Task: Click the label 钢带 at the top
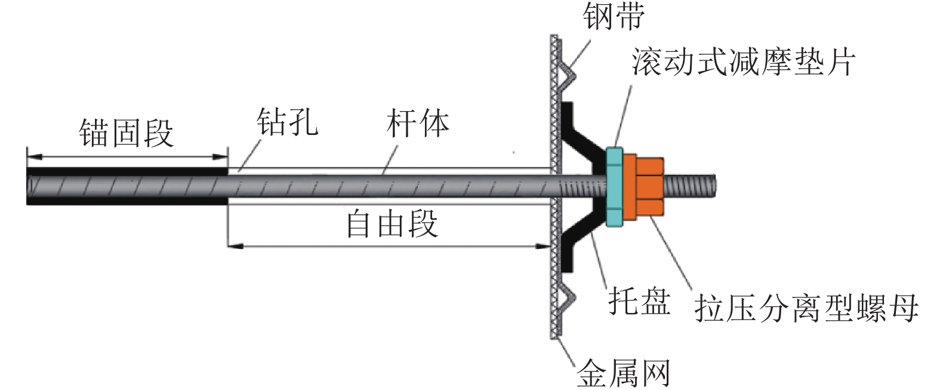(613, 16)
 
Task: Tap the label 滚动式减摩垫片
(743, 62)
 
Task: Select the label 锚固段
(127, 133)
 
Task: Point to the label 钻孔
(287, 122)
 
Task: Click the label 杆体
(418, 123)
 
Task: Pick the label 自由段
(392, 224)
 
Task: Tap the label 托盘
(639, 301)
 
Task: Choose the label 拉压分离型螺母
(806, 309)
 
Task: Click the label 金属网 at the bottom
(623, 373)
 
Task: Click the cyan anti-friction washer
(614, 187)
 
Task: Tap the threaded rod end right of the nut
(690, 186)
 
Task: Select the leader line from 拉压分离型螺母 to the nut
(671, 253)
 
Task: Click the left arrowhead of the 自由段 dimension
(235, 247)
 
